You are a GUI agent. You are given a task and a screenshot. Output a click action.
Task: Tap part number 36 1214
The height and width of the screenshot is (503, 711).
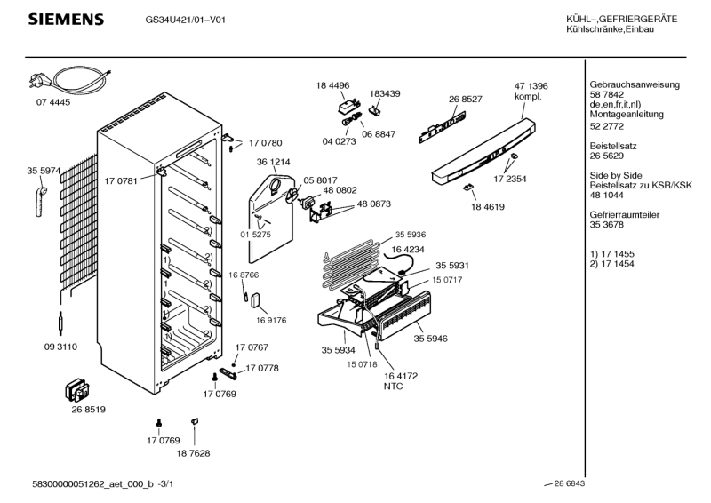pyautogui.click(x=274, y=162)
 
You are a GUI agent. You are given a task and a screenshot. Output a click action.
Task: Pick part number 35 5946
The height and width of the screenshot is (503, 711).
pyautogui.click(x=430, y=339)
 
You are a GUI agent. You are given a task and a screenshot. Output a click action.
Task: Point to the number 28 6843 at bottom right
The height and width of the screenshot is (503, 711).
pyautogui.click(x=569, y=483)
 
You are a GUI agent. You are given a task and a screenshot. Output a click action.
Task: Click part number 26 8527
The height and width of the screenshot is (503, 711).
pyautogui.click(x=466, y=99)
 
